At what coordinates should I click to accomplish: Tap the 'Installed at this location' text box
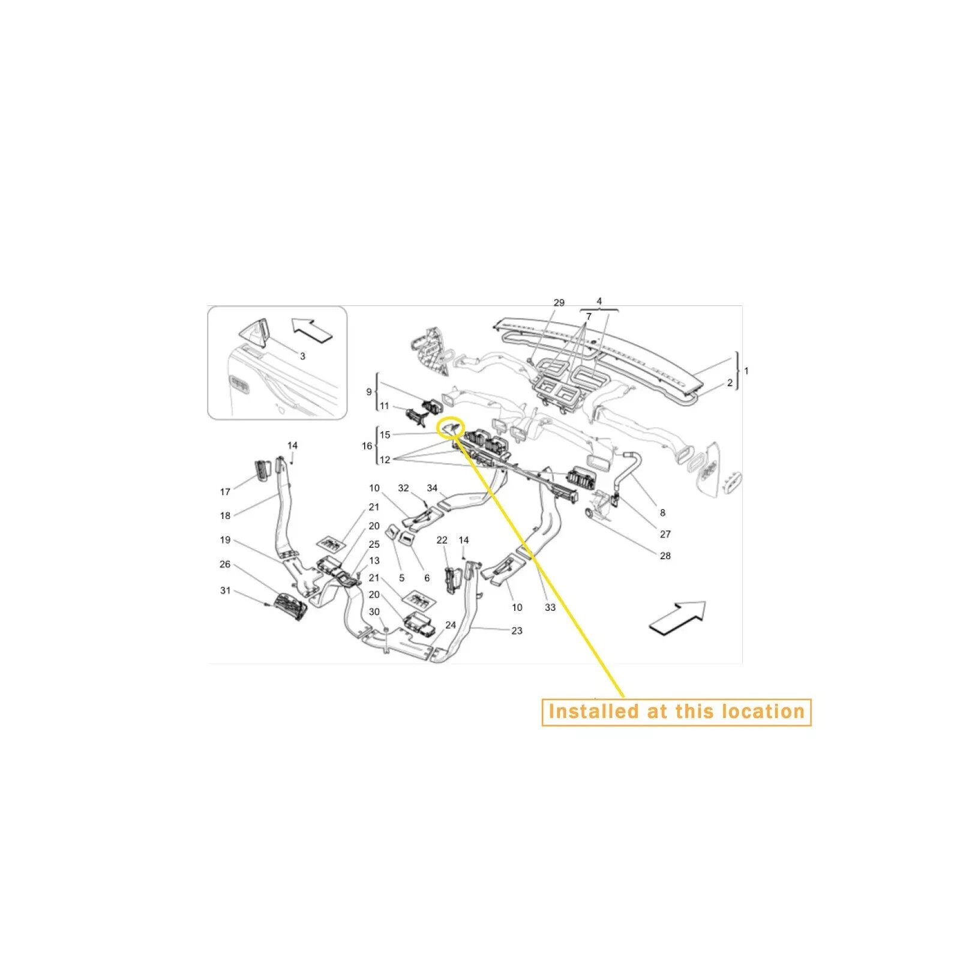tap(676, 712)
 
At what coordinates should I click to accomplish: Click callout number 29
tap(559, 303)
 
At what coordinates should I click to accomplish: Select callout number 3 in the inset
tap(302, 356)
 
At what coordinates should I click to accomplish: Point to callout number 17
tap(225, 492)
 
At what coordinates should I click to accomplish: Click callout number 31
tap(225, 590)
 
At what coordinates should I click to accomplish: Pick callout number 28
tap(665, 556)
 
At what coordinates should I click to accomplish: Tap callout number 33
tap(550, 607)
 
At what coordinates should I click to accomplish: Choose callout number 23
tap(517, 631)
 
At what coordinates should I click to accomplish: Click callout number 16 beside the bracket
tap(367, 446)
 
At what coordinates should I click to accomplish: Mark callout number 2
tap(730, 383)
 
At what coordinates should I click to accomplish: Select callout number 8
tap(662, 512)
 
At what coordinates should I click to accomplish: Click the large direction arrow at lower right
tap(677, 619)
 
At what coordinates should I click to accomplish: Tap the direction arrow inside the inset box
tap(313, 330)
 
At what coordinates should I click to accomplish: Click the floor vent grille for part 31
tap(290, 607)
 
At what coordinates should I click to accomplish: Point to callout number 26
tap(225, 564)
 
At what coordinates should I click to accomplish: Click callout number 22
tap(442, 540)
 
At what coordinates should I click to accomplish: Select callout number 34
tap(432, 488)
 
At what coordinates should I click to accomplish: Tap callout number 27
tap(665, 534)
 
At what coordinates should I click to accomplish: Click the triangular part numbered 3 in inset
tap(255, 333)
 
